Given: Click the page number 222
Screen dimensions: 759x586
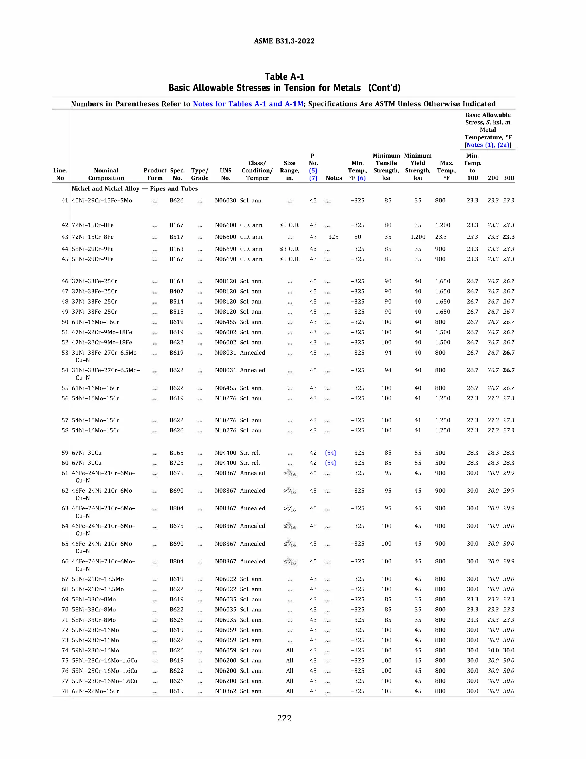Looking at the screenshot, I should click(284, 718).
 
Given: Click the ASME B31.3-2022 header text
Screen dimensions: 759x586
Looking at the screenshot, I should click(284, 41).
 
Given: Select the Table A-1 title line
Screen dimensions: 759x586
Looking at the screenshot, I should click(284, 77).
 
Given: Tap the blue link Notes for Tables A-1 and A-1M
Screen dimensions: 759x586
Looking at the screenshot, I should click(248, 104).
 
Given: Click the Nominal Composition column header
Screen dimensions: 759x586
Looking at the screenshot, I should click(106, 174).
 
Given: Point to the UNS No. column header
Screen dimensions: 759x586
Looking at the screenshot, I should click(226, 174).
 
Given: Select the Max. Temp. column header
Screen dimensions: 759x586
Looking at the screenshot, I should click(446, 170).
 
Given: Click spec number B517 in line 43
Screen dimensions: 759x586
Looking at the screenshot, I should click(176, 237).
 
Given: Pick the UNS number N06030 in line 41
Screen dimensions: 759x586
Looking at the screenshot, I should click(226, 200).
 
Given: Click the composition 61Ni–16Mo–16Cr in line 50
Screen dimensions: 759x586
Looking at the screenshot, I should click(96, 322).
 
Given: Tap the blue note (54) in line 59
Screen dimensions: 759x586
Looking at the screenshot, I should click(330, 453).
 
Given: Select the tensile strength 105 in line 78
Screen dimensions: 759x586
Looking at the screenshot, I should click(386, 691).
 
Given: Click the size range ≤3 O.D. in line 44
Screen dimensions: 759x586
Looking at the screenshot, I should click(290, 249).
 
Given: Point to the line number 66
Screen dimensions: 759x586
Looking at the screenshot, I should click(65, 561).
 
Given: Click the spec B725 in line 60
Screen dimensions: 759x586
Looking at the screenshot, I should click(176, 463).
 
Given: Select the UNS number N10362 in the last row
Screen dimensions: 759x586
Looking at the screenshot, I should click(226, 691).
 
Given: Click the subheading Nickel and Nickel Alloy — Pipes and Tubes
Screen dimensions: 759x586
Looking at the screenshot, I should click(135, 189).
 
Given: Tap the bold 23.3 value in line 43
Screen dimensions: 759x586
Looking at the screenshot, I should click(508, 237).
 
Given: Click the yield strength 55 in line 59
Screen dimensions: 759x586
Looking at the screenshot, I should click(418, 453).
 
